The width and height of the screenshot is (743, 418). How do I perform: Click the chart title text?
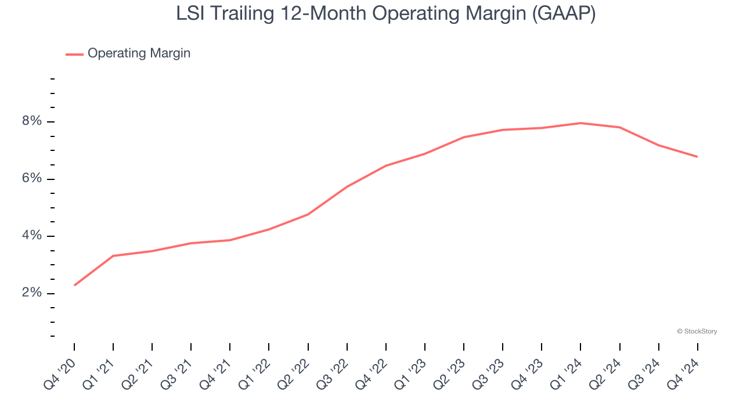pyautogui.click(x=386, y=14)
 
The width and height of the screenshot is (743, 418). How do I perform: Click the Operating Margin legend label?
pyautogui.click(x=139, y=53)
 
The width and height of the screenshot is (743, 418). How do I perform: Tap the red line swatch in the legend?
pyautogui.click(x=74, y=54)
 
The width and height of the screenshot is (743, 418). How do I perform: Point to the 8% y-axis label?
pyautogui.click(x=32, y=121)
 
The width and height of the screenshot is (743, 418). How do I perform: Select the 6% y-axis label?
pyautogui.click(x=32, y=179)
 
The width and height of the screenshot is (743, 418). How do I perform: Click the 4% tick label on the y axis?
pyautogui.click(x=32, y=236)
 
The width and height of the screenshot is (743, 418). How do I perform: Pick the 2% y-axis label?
pyautogui.click(x=32, y=293)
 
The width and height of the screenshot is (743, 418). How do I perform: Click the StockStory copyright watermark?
pyautogui.click(x=697, y=331)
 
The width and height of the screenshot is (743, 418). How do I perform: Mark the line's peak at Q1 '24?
pyautogui.click(x=580, y=123)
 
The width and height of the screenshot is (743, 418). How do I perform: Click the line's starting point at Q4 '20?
pyautogui.click(x=74, y=285)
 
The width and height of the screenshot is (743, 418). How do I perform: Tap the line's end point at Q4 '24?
pyautogui.click(x=697, y=157)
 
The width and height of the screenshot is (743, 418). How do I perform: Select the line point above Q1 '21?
pyautogui.click(x=113, y=255)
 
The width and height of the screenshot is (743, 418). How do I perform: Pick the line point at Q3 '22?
pyautogui.click(x=347, y=186)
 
